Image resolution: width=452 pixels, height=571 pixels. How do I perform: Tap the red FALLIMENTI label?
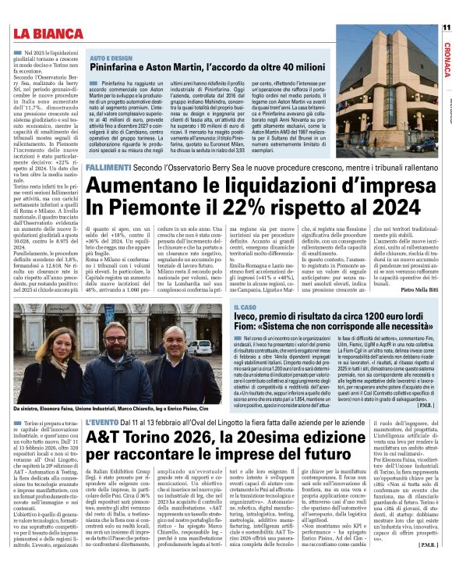pos(108,167)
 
